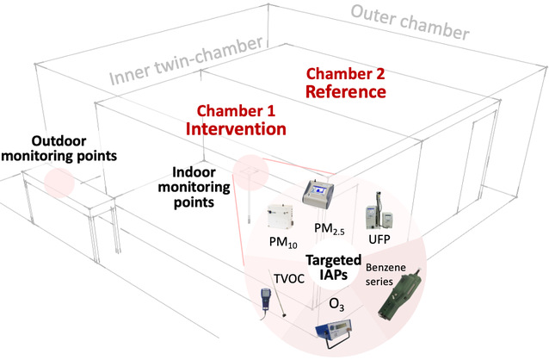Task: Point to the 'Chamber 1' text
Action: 235,111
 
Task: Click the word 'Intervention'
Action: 236,129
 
